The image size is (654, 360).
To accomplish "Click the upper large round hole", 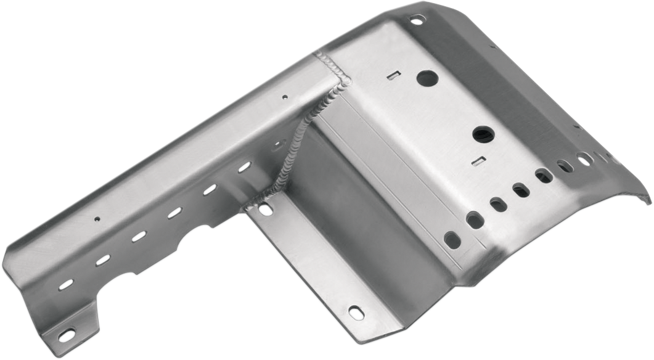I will [x=427, y=78].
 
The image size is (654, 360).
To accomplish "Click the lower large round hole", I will [x=483, y=134].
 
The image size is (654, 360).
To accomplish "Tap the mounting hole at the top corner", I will [x=417, y=20].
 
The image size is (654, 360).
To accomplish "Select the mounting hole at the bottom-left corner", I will [x=66, y=335].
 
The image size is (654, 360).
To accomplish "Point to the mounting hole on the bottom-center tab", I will [x=356, y=312].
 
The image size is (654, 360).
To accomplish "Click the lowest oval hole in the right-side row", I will [x=452, y=240].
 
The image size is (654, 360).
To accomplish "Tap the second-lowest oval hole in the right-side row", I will [x=474, y=219].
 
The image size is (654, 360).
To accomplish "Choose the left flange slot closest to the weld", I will [x=245, y=166].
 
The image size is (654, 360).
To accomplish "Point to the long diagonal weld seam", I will [x=302, y=139].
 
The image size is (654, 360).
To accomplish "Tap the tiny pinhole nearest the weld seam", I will [x=284, y=97].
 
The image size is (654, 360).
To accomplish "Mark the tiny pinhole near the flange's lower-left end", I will [x=96, y=218].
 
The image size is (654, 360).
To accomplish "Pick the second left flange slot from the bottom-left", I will [x=102, y=260].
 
